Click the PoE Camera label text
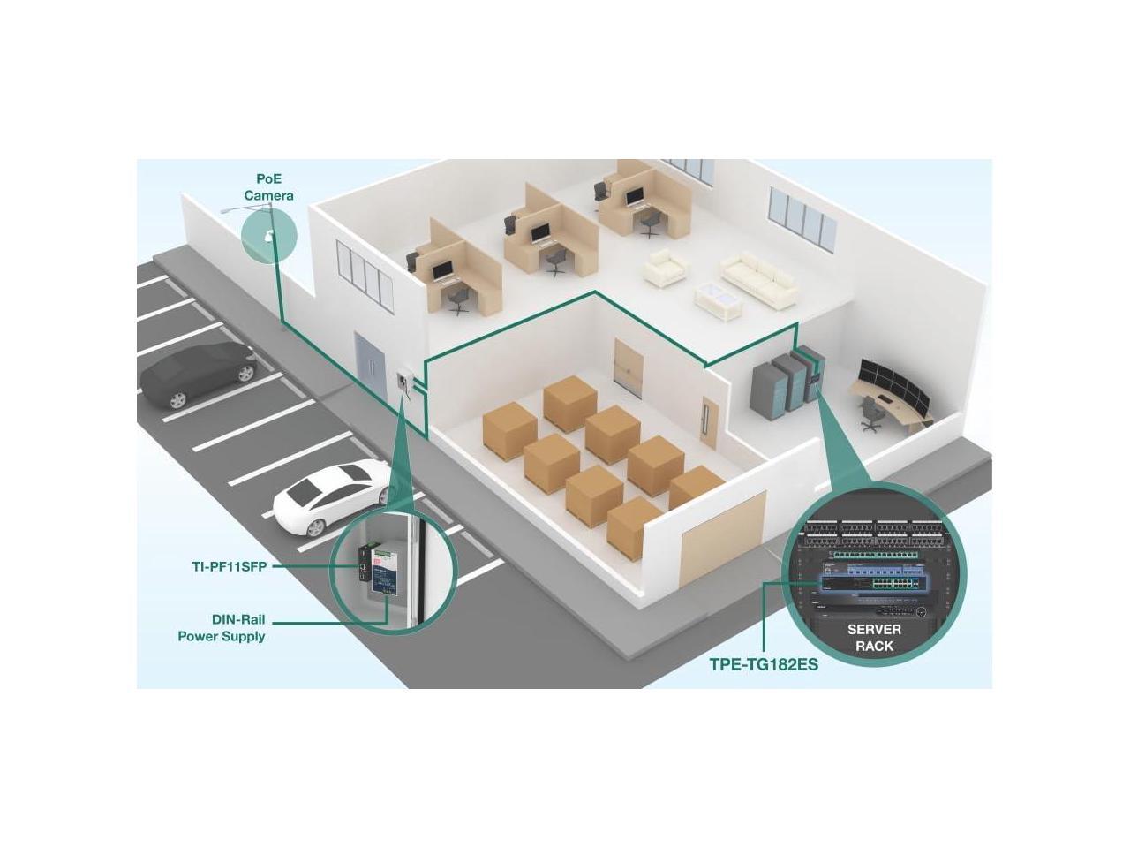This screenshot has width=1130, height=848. click(268, 187)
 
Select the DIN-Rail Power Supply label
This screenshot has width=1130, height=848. click(222, 628)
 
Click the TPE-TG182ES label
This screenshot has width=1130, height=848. click(764, 664)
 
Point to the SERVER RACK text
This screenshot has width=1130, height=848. click(874, 637)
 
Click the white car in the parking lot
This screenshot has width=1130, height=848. click(330, 498)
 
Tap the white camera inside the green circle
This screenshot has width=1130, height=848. click(268, 236)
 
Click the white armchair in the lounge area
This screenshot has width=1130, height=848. click(664, 267)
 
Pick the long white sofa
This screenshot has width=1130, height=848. click(759, 278)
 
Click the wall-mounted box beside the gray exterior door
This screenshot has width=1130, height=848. click(404, 382)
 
